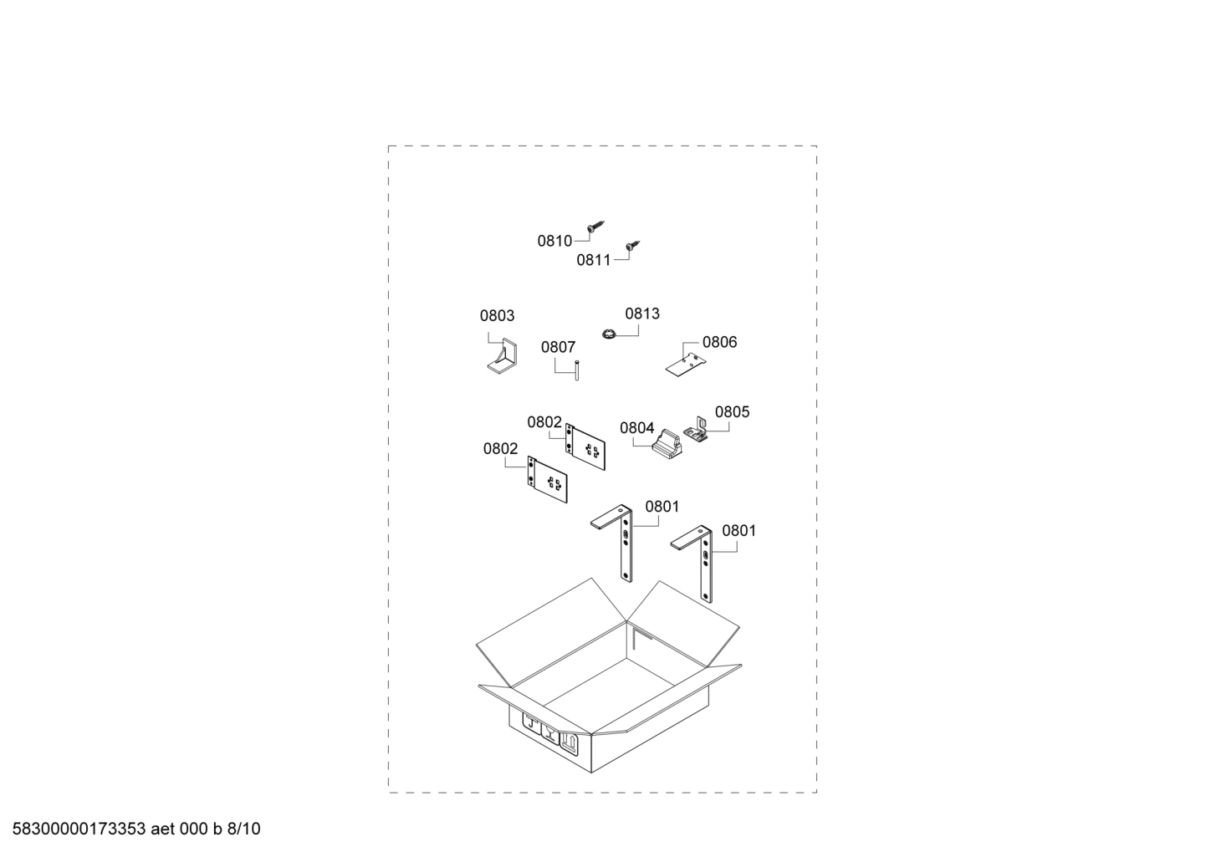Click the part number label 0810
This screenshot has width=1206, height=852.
click(554, 241)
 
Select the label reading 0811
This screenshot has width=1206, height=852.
click(594, 260)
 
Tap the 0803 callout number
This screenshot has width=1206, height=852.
click(497, 316)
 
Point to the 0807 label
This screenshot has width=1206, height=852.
click(558, 347)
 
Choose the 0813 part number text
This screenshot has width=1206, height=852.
click(642, 314)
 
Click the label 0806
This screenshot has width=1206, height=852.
click(719, 342)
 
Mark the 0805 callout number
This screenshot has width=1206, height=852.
click(732, 412)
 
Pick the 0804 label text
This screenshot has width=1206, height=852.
click(636, 428)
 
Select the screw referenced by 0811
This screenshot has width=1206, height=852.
click(633, 247)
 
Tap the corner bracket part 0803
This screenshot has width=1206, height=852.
click(503, 357)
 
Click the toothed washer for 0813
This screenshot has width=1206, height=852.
click(609, 335)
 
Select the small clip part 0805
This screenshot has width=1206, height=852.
click(696, 430)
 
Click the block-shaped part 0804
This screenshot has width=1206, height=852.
click(667, 444)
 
